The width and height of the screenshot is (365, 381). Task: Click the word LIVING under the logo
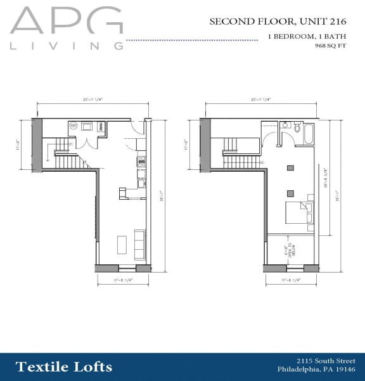pos(67,46)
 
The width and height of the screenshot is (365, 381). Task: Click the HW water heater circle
pos(73,126)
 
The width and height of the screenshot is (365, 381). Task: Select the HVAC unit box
pos(101,126)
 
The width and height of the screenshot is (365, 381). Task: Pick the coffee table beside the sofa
pos(122,244)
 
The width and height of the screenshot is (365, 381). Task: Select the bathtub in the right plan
pos(308,134)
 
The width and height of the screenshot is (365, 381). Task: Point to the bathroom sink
pos(297,126)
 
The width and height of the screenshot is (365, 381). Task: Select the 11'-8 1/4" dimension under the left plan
pos(124,278)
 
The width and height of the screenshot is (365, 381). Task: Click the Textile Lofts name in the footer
pos(64,366)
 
